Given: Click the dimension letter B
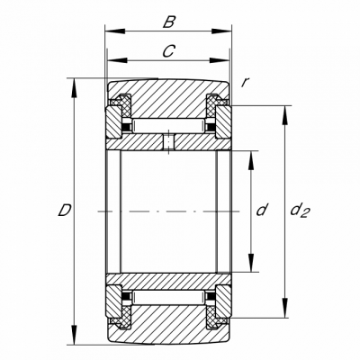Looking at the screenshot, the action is pyautogui.click(x=169, y=22).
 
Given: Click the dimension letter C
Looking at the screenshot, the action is pyautogui.click(x=168, y=51).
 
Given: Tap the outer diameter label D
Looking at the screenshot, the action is pyautogui.click(x=65, y=210).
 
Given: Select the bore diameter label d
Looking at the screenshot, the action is pyautogui.click(x=262, y=210).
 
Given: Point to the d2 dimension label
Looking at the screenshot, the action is pyautogui.click(x=300, y=211).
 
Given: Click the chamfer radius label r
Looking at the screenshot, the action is pyautogui.click(x=245, y=83).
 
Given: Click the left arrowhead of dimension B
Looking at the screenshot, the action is pyautogui.click(x=115, y=31).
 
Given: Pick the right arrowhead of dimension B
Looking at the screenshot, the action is pyautogui.click(x=221, y=31).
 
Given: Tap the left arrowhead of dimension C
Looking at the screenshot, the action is pyautogui.click(x=117, y=60).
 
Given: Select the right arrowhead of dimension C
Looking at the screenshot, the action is pyautogui.click(x=220, y=60).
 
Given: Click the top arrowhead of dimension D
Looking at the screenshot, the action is pyautogui.click(x=74, y=88).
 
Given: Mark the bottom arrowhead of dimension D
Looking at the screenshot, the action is pyautogui.click(x=74, y=335).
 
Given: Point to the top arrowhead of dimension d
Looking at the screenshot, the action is pyautogui.click(x=251, y=160).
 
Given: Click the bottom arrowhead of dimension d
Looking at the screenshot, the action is pyautogui.click(x=251, y=262).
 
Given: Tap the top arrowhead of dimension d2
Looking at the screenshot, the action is pyautogui.click(x=285, y=116).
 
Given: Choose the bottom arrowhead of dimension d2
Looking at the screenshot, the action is pyautogui.click(x=285, y=308).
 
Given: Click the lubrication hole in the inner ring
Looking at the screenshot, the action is pyautogui.click(x=169, y=142).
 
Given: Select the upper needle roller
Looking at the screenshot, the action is pyautogui.click(x=168, y=125).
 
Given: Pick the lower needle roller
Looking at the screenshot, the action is pyautogui.click(x=168, y=298).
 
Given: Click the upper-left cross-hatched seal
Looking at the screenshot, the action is pyautogui.click(x=123, y=105).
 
